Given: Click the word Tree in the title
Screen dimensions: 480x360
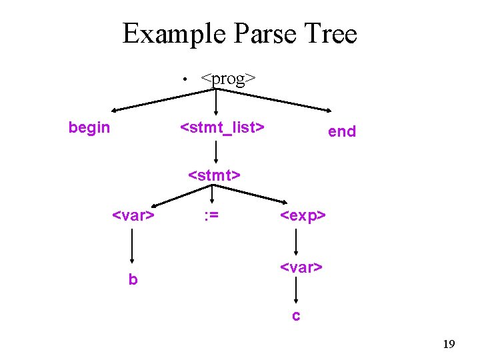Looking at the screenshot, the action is [x=330, y=33].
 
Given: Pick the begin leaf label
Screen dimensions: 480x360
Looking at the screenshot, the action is [x=89, y=127].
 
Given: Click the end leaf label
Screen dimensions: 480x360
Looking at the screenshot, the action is [x=342, y=131].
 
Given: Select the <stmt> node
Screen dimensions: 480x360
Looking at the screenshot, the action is [x=214, y=175].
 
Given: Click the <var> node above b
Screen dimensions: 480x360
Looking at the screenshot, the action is [x=133, y=215].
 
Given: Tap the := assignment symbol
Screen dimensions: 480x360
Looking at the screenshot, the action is [x=211, y=215].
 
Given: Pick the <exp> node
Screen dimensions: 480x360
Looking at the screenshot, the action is [x=303, y=215].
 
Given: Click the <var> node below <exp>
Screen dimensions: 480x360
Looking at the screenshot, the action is [x=301, y=267].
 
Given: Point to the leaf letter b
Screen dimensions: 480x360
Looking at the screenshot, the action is [x=133, y=280].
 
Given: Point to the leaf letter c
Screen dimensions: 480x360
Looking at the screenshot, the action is [x=296, y=315].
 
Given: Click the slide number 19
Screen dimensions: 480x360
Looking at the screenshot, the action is [x=449, y=344].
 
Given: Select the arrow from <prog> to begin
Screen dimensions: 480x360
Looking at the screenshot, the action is [x=163, y=98].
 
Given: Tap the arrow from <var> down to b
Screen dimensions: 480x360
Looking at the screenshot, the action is [x=133, y=247].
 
